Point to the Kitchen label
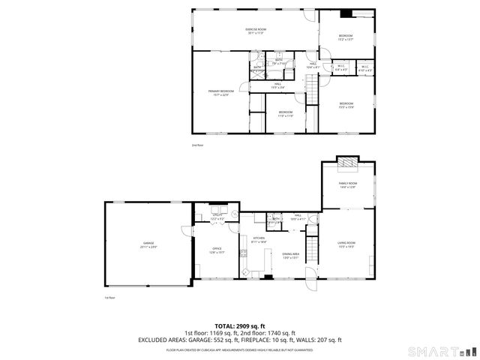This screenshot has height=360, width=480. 259,240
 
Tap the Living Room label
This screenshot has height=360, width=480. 346,244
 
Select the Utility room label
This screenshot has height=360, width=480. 217,217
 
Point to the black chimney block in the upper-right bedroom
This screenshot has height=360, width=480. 346,13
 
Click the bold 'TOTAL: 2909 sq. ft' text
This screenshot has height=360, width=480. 239,326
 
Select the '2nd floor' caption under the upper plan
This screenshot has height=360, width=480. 197,145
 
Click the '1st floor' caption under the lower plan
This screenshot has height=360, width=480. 109,298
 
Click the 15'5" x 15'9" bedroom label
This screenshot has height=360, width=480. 346,105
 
